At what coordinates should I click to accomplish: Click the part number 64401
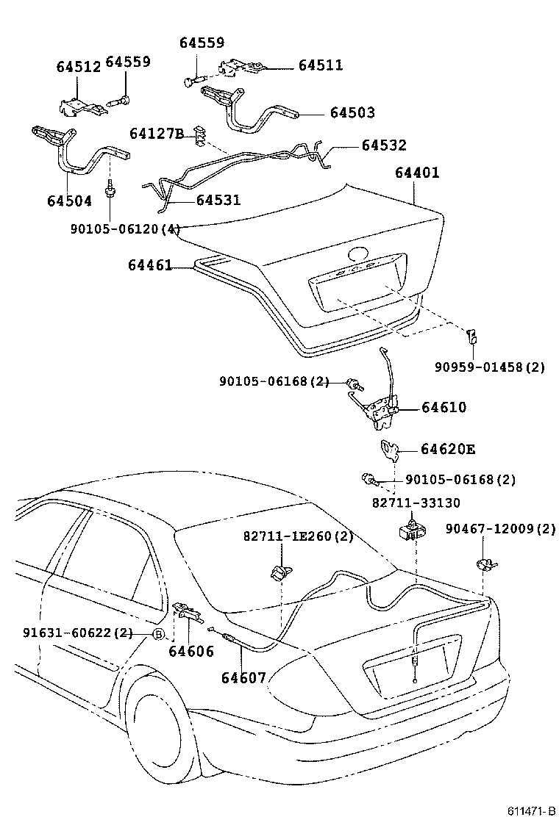click(x=417, y=173)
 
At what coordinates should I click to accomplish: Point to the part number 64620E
click(x=448, y=449)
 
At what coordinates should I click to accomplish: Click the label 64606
click(x=191, y=651)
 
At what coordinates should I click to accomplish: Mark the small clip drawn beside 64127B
click(x=199, y=133)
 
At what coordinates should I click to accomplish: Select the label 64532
click(x=383, y=145)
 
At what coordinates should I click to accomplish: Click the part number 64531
click(x=218, y=200)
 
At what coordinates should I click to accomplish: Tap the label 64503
click(x=352, y=112)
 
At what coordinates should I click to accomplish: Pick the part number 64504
click(x=69, y=201)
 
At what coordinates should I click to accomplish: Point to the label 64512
click(x=78, y=67)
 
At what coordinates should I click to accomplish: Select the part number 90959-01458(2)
click(x=488, y=367)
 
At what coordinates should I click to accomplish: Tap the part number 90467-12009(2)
click(x=501, y=528)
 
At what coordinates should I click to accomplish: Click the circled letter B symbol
click(x=157, y=633)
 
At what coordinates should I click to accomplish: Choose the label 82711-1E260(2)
click(x=298, y=536)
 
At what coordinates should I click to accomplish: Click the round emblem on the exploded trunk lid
click(x=358, y=254)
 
